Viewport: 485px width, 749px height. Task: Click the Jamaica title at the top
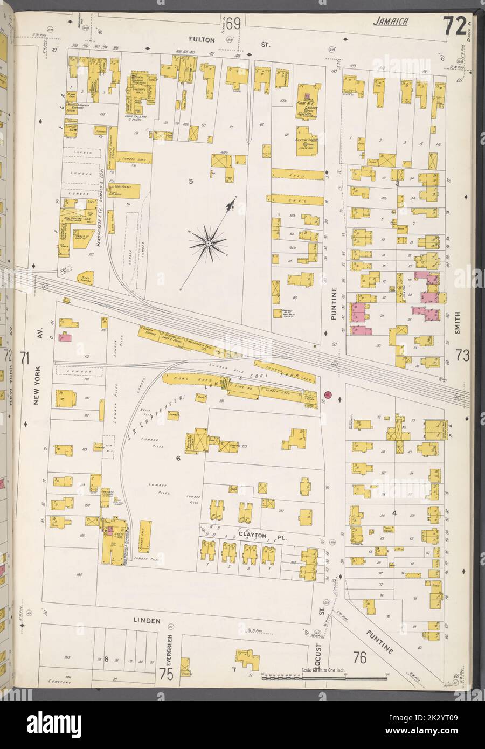click(x=390, y=22)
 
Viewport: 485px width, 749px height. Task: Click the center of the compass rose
click(x=208, y=244)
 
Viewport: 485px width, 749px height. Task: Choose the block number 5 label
click(x=190, y=181)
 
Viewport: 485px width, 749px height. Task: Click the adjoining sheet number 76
click(x=360, y=658)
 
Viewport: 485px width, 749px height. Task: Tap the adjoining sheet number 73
click(x=462, y=356)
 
